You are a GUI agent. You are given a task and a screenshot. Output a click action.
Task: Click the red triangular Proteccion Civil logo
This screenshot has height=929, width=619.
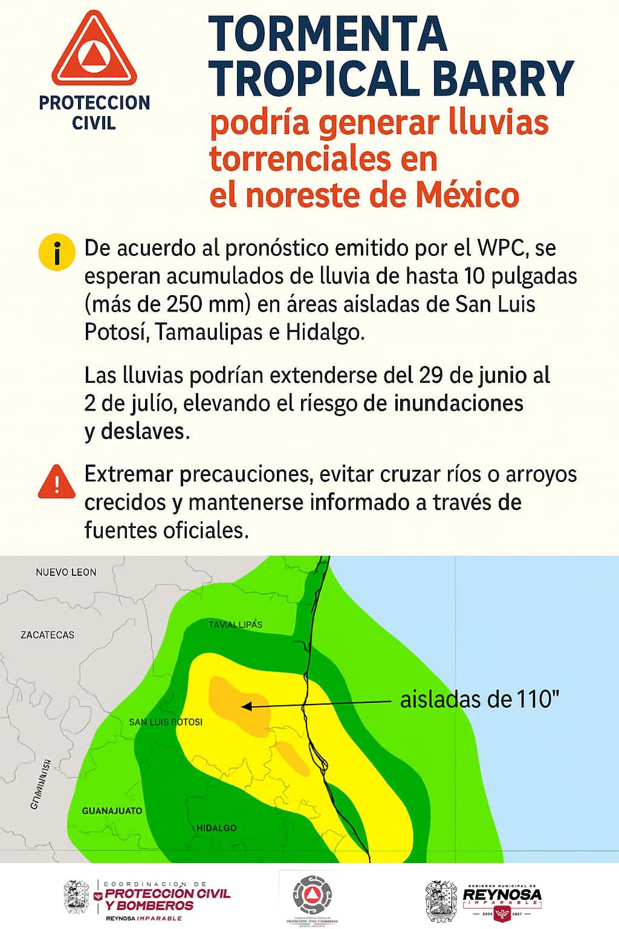point(94,50)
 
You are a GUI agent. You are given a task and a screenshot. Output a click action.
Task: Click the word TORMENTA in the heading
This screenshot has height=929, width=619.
point(328,34)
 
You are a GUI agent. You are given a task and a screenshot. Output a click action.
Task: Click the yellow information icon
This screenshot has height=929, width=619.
point(56,253)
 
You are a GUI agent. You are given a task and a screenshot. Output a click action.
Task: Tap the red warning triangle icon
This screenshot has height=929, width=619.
point(56,482)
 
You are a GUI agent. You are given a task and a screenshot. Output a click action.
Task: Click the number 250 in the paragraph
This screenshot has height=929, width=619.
point(184,304)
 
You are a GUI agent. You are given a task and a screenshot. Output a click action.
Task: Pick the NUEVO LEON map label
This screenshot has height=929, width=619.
point(66,572)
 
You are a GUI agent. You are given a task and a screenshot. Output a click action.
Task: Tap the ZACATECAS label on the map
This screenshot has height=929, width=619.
point(47,635)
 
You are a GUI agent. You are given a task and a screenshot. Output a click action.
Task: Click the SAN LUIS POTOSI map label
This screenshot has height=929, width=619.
point(166,722)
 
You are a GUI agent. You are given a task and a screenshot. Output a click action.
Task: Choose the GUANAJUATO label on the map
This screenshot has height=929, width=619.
point(112,810)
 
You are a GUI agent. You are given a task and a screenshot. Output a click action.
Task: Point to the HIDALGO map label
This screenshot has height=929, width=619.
point(216,827)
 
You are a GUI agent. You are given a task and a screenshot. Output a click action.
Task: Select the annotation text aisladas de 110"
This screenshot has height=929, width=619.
point(479,700)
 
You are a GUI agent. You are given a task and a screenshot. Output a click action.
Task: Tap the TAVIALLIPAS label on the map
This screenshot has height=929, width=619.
point(235,624)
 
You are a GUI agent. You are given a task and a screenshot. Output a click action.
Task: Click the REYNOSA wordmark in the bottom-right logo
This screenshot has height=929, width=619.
point(502,894)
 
